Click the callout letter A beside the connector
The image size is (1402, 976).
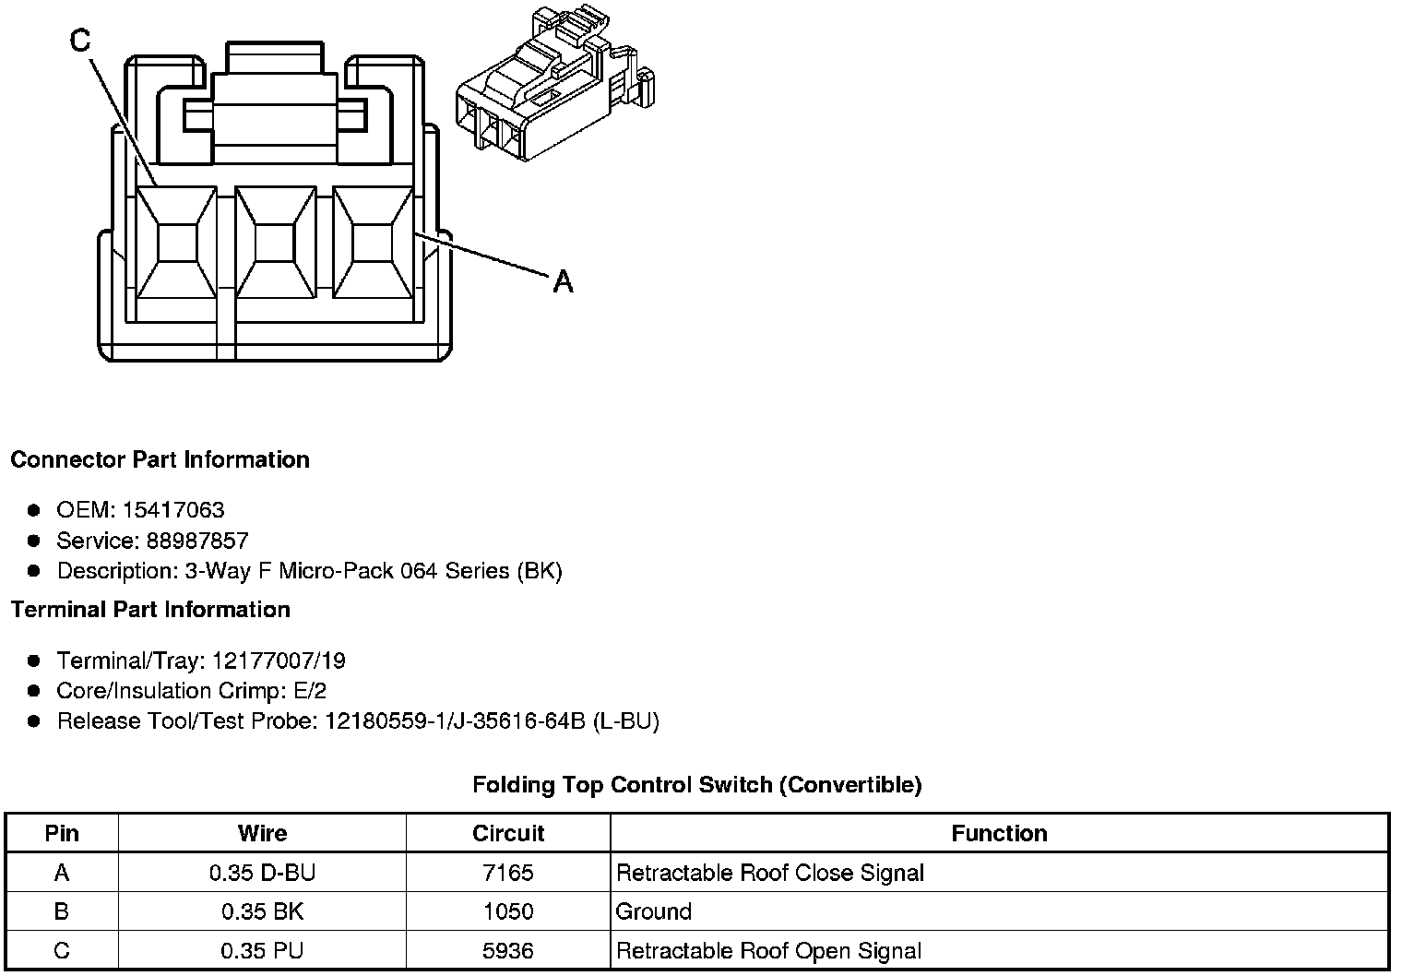point(563,280)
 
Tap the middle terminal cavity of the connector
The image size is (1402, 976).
point(274,244)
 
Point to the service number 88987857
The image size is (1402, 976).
point(197,541)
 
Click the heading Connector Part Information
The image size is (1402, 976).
point(160,459)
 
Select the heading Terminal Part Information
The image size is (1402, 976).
point(150,610)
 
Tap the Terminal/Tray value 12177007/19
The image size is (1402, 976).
point(279,661)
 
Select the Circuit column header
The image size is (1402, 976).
point(508,833)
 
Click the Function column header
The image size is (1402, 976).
point(999,833)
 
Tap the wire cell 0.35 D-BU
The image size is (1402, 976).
point(262,873)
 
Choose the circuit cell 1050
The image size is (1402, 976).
point(508,911)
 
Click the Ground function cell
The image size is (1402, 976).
point(653,911)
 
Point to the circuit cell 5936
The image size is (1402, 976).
point(508,950)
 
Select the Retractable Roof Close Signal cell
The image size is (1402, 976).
point(769,873)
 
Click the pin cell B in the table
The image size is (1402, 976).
point(62,911)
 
